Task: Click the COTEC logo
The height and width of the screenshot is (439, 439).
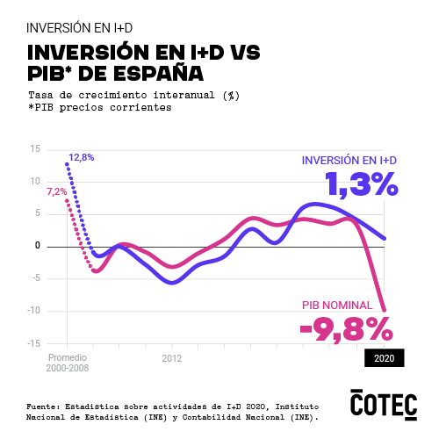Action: click(383, 403)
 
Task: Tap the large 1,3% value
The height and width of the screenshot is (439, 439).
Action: click(362, 184)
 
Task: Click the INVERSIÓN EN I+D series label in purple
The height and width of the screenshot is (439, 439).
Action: click(349, 161)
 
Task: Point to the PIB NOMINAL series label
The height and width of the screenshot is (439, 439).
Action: click(337, 306)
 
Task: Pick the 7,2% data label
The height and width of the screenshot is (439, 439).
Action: click(56, 191)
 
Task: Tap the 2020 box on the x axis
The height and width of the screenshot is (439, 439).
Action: click(384, 358)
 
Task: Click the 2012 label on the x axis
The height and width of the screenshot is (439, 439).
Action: click(171, 358)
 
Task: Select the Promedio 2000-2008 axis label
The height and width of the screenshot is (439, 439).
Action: click(67, 363)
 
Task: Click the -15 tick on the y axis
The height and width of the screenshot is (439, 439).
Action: click(33, 343)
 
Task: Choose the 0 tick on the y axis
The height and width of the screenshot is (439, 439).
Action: click(38, 246)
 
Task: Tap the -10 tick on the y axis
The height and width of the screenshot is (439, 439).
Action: click(33, 311)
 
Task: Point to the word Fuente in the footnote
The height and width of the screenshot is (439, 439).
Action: click(43, 407)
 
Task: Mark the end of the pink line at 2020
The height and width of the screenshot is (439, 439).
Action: click(385, 308)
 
